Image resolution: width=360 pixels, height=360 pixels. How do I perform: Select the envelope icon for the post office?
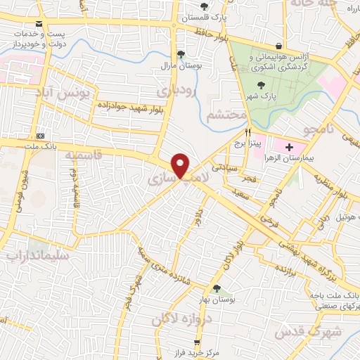tap(38, 34)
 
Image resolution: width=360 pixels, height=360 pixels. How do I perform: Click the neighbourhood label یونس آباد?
tap(64, 94)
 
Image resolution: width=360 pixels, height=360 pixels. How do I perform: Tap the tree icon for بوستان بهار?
tap(217, 288)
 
